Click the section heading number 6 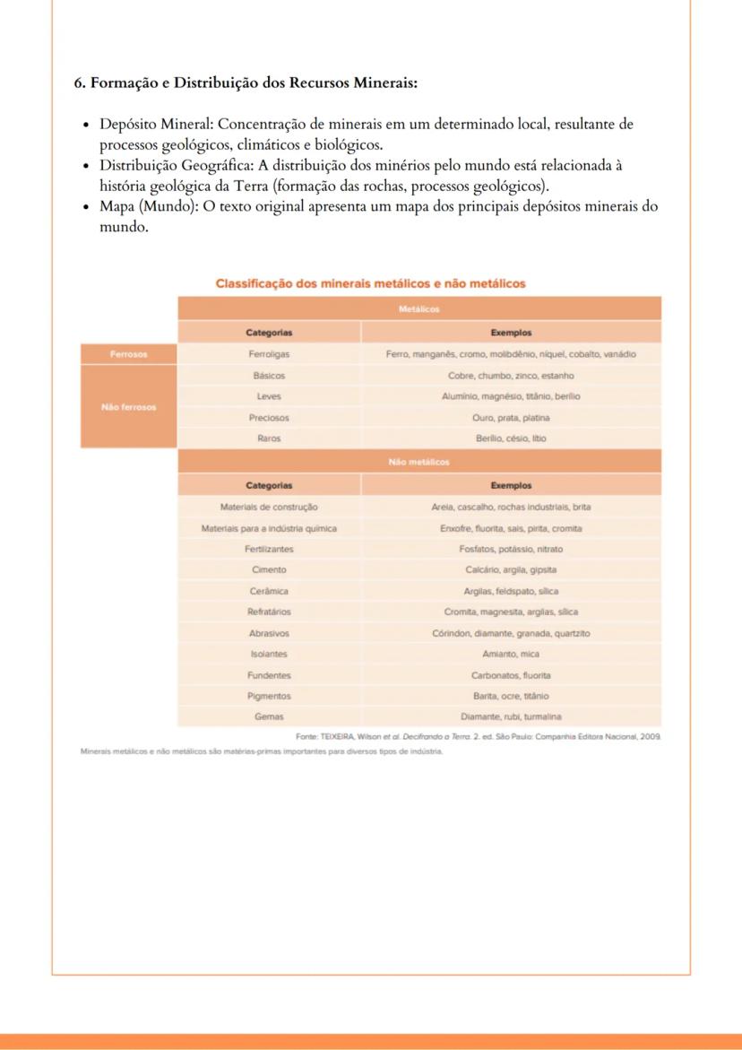[x=78, y=83]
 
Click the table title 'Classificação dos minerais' [x=370, y=283]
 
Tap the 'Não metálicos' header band [x=419, y=463]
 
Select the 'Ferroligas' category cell [x=269, y=354]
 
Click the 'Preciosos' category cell [x=269, y=418]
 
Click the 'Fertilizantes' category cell [x=269, y=549]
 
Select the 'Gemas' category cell [x=269, y=716]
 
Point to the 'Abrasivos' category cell [x=269, y=633]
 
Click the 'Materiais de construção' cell [x=269, y=507]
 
